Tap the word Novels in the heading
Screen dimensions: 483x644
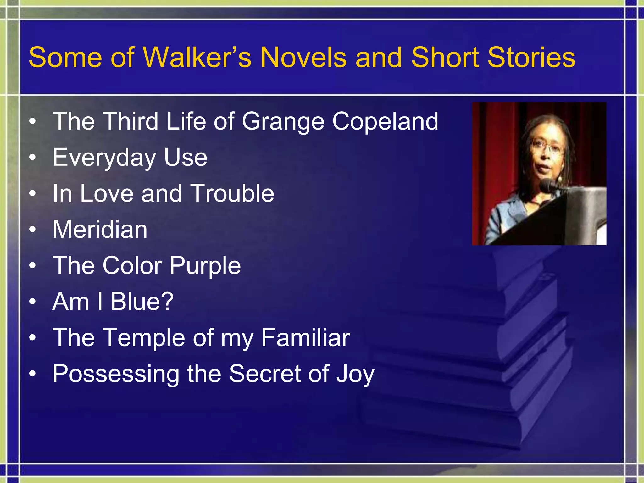pos(303,57)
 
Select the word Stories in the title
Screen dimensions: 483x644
pos(531,57)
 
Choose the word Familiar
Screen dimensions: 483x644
pos(305,337)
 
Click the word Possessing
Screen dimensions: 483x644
pos(116,374)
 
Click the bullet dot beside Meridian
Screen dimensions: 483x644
pos(32,230)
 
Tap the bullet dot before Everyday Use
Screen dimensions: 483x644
pos(32,158)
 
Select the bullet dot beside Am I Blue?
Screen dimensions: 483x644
pos(32,302)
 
